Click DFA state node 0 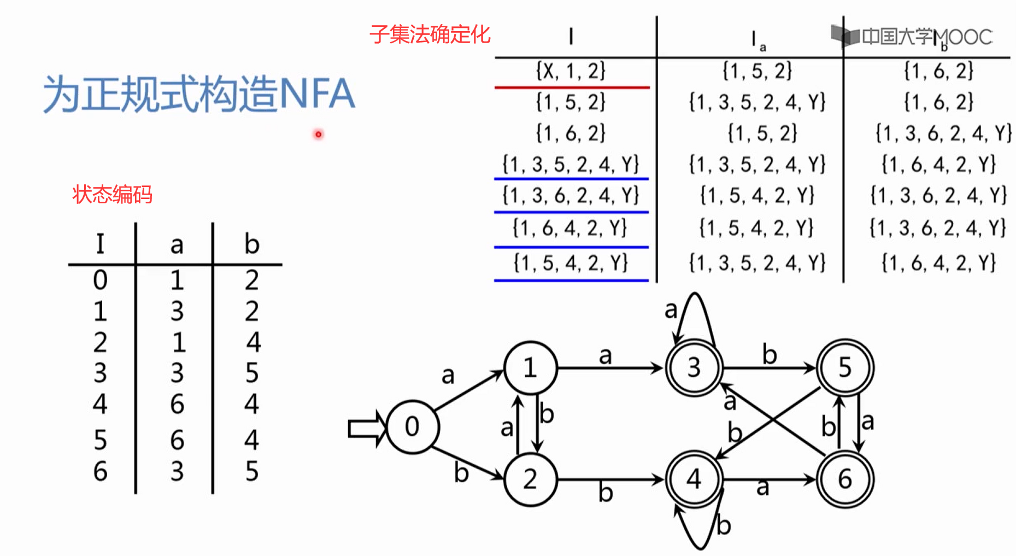[412, 426]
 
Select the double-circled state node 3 [694, 367]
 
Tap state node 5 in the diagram [845, 367]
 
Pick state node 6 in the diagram [845, 479]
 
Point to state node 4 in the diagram [694, 479]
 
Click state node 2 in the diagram [530, 479]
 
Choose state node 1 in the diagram [530, 368]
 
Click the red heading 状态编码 [112, 195]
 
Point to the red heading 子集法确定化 [430, 34]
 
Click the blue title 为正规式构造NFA [199, 94]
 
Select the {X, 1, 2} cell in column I [571, 71]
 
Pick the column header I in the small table [100, 244]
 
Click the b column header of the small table [251, 244]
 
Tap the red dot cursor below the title [318, 134]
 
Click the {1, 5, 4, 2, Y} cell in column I [571, 263]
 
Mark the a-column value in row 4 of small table [177, 404]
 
